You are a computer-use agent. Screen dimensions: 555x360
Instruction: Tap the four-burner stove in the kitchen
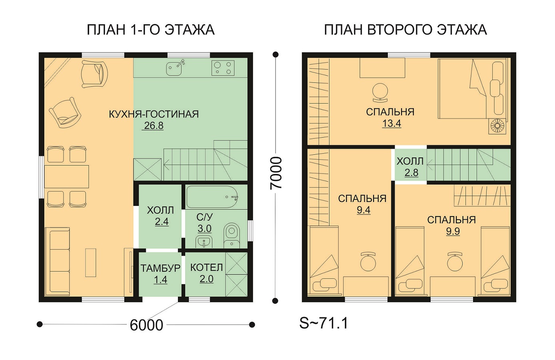[223, 68]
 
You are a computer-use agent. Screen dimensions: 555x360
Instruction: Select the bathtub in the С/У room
[212, 197]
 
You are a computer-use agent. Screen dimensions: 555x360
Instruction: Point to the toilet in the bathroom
[232, 236]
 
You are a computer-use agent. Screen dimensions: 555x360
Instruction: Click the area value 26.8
[154, 126]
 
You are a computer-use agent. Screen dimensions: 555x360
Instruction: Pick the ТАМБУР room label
[160, 268]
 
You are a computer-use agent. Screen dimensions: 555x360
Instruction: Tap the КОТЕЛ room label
[207, 268]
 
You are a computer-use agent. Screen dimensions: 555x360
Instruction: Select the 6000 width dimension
[146, 325]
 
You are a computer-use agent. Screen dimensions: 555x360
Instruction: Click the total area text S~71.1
[324, 323]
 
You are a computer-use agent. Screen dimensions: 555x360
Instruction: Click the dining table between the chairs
[67, 176]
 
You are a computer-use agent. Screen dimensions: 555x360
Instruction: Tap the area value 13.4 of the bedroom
[391, 123]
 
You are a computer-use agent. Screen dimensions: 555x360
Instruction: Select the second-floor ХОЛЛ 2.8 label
[410, 167]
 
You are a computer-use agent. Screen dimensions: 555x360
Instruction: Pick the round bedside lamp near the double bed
[497, 126]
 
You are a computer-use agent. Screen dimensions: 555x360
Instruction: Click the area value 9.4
[363, 210]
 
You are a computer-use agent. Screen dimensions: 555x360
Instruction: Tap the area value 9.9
[453, 231]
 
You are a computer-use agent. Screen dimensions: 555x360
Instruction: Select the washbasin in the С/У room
[204, 241]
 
